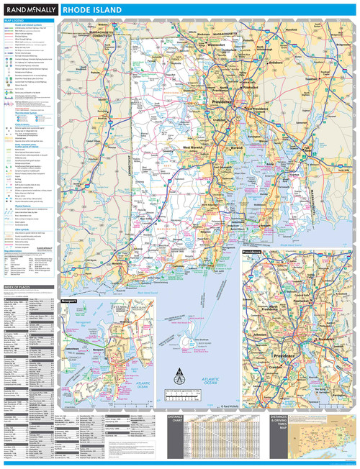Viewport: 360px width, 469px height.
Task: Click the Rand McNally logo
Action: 30,10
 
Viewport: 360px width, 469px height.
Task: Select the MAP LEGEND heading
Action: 14,21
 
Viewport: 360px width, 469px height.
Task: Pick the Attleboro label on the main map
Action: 297,64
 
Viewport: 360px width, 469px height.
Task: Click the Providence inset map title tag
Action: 251,252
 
